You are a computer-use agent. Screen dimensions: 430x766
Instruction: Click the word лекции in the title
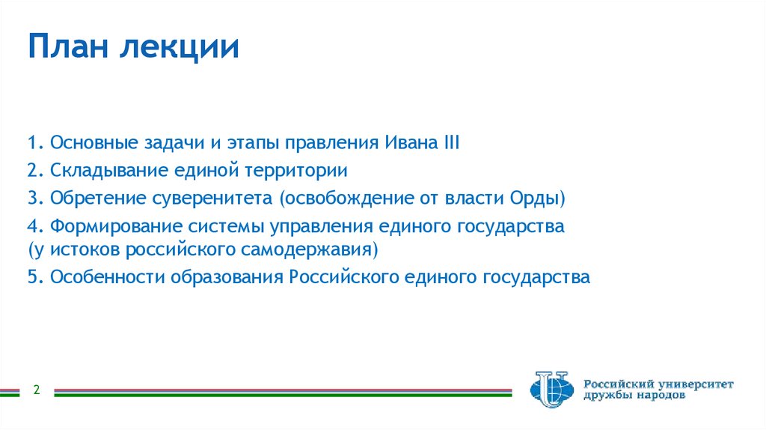coord(180,48)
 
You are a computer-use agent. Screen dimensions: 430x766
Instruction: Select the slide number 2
coord(36,390)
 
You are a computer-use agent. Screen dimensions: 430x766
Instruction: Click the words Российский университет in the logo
coord(658,384)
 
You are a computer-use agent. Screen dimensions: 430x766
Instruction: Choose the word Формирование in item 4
coord(105,226)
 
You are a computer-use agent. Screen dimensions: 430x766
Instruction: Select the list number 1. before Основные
coord(34,142)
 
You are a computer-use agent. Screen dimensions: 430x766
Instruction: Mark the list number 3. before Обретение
coord(34,199)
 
